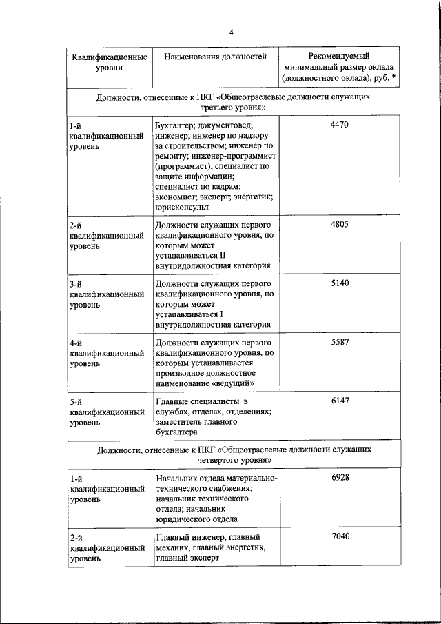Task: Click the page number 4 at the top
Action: [x=232, y=32]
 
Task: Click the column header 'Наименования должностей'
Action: [x=215, y=57]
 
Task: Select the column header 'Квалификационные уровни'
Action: [x=110, y=63]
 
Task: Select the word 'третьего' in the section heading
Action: [x=201, y=109]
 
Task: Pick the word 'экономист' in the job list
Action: [x=177, y=197]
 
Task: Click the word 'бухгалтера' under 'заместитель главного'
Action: [x=177, y=432]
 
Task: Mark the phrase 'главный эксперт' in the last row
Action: [x=187, y=559]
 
